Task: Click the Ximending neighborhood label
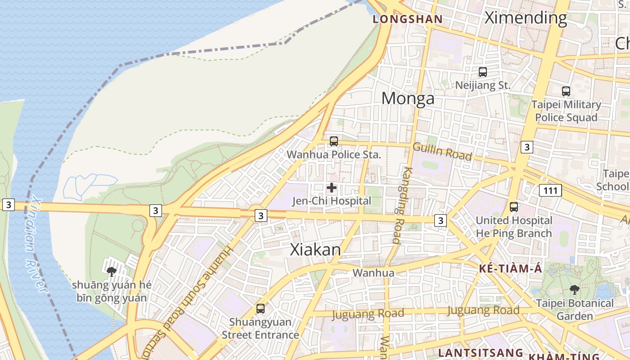pos(525,18)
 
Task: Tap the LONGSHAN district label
pos(408,19)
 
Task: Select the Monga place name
pos(408,99)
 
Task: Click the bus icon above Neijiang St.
pos(482,72)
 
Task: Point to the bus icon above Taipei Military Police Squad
pos(566,91)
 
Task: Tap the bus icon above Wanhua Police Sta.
pos(333,141)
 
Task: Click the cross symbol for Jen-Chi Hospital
pos(332,187)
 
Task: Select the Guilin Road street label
pos(442,151)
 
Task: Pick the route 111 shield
pos(551,191)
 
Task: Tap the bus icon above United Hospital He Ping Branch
pos(513,207)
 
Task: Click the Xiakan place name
pos(315,250)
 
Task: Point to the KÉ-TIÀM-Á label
pos(510,269)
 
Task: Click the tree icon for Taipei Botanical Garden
pos(574,289)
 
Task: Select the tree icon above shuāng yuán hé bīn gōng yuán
pos(111,271)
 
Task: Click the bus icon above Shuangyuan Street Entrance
pos(260,309)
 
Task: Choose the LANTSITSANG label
pos(480,352)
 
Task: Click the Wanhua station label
pos(373,273)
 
